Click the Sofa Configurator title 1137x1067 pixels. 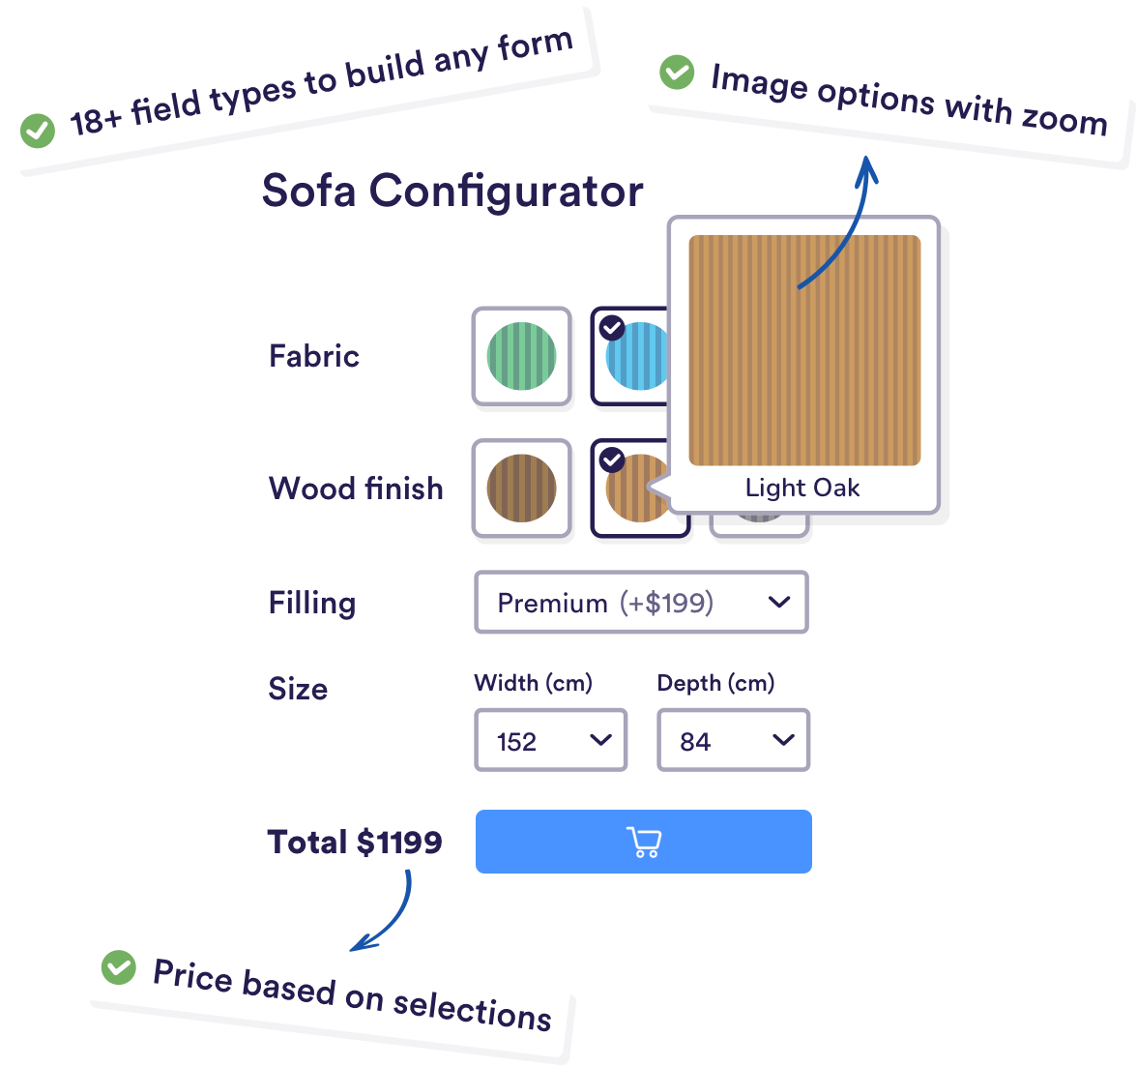[452, 191]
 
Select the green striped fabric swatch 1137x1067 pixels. [521, 356]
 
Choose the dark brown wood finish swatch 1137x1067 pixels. [521, 489]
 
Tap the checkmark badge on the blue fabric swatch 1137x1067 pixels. [612, 328]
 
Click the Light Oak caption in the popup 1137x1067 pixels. [802, 488]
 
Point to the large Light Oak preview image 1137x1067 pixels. [804, 350]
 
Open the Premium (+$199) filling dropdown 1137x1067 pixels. [641, 603]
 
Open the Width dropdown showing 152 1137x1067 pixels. [550, 741]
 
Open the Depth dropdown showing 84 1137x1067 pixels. [733, 741]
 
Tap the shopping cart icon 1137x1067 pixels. [644, 842]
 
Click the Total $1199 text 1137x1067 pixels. [355, 842]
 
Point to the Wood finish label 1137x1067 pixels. [356, 488]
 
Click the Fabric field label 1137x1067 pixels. [314, 356]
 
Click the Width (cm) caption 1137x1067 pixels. [533, 683]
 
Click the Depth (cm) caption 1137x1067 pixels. [715, 683]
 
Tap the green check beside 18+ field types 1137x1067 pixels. [38, 130]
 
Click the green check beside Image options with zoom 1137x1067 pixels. [677, 73]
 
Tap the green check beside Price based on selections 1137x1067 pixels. [119, 966]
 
